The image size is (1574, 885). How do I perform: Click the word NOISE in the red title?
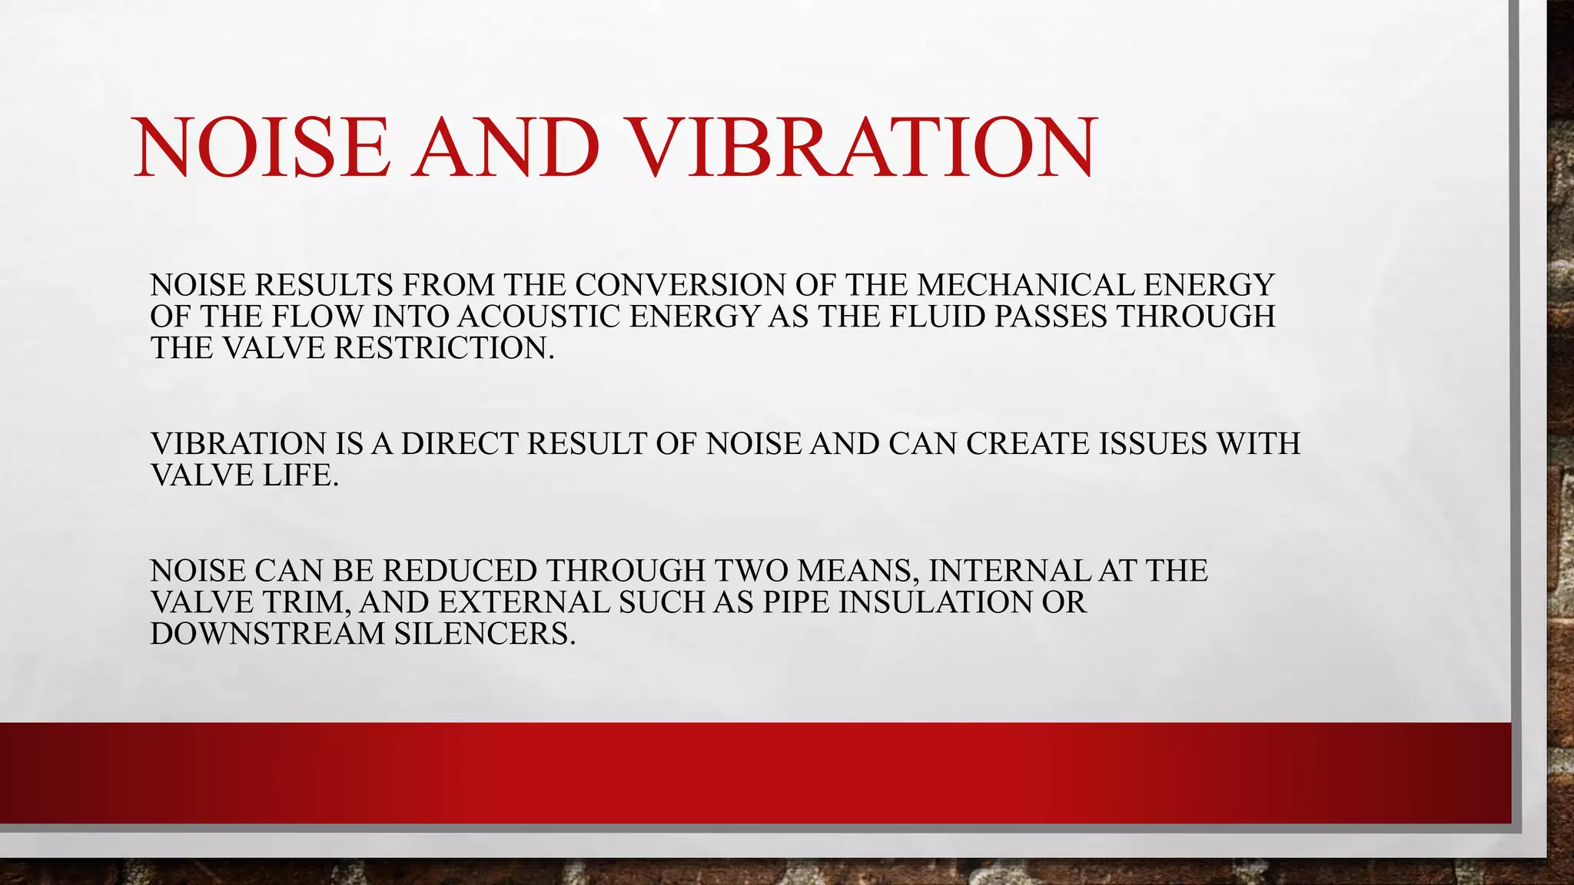[261, 147]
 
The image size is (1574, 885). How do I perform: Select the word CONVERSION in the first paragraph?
[680, 285]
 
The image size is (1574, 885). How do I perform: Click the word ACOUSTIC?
[539, 317]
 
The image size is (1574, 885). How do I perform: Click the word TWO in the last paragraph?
[750, 571]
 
